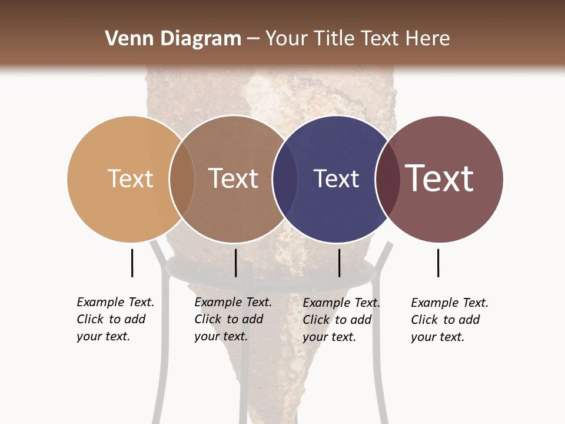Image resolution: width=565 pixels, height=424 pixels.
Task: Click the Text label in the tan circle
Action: pos(130,178)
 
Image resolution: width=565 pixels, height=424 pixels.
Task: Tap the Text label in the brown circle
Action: pos(233,178)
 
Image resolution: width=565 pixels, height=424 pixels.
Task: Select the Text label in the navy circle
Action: pos(336,178)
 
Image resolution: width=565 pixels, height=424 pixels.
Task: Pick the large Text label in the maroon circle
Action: pos(440,178)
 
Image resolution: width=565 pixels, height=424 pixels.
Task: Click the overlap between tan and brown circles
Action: pos(182,179)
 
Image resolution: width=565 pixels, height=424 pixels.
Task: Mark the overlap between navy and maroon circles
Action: pos(388,179)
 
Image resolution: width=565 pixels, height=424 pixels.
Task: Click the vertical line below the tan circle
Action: pos(132,263)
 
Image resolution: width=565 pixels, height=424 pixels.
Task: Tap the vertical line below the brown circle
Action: pos(235,263)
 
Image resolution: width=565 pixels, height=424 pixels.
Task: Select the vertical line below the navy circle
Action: pos(339,263)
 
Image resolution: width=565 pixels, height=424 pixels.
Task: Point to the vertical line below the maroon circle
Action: pos(438,263)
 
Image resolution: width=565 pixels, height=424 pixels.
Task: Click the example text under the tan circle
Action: pos(115,319)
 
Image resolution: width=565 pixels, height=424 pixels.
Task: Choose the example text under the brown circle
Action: pos(233,319)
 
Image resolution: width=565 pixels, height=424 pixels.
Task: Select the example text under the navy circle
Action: pos(341,320)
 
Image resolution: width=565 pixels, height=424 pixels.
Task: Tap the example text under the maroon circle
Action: pos(450,320)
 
